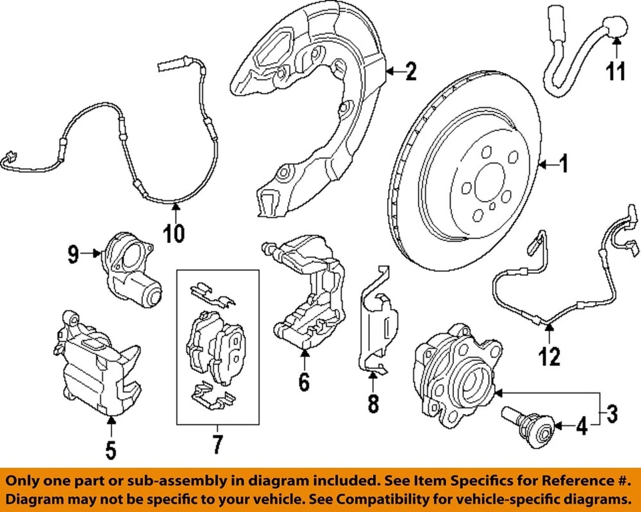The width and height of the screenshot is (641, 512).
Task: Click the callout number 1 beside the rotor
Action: tap(564, 164)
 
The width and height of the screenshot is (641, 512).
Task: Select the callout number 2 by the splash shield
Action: tap(410, 71)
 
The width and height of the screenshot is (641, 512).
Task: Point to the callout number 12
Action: tap(550, 356)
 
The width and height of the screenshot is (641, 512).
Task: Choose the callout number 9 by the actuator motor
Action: tap(73, 253)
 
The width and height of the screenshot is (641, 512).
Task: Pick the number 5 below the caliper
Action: tap(111, 449)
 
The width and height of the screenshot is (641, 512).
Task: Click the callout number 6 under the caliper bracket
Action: tap(304, 382)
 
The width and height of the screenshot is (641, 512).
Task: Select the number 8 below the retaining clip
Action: tap(373, 403)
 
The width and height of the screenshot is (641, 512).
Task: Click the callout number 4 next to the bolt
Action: tap(582, 425)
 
